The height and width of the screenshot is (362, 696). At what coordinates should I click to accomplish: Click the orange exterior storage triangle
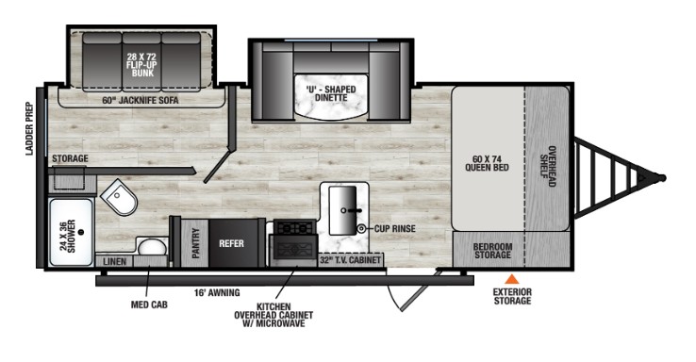click(512, 279)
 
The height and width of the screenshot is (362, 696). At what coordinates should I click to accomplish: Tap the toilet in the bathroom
click(119, 197)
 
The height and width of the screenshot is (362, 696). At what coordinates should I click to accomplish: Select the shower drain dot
click(81, 232)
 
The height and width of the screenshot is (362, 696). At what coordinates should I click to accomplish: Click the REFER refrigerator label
click(231, 243)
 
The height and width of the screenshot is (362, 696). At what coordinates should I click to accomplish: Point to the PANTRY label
click(196, 243)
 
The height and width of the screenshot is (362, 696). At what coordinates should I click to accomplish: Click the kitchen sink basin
click(342, 210)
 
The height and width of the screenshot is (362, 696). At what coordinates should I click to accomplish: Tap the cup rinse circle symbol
click(362, 228)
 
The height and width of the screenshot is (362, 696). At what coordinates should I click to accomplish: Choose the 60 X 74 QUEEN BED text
click(487, 163)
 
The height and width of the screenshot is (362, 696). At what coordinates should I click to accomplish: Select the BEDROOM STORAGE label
click(492, 251)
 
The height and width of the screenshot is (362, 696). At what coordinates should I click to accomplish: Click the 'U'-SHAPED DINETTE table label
click(331, 93)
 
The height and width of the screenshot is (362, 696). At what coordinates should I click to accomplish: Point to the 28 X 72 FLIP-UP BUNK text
click(142, 65)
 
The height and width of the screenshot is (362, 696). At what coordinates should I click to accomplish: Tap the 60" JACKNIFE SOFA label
click(141, 100)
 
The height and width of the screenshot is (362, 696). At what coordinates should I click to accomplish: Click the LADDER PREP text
click(30, 128)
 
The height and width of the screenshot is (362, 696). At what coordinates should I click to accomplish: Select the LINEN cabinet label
click(114, 262)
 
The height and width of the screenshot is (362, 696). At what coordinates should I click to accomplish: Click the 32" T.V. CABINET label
click(350, 260)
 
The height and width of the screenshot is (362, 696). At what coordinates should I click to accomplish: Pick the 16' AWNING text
click(217, 293)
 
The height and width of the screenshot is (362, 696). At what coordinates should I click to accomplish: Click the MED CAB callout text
click(149, 304)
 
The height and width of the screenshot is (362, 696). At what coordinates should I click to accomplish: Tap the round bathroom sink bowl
click(152, 247)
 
